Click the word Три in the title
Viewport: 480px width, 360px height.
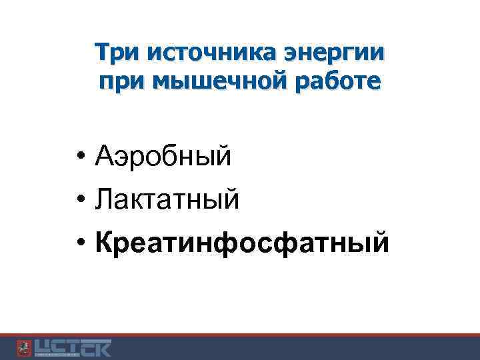coord(116,52)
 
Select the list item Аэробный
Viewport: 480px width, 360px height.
coord(163,158)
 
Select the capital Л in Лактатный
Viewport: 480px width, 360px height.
coord(105,199)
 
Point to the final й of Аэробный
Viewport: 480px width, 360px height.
coord(223,157)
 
